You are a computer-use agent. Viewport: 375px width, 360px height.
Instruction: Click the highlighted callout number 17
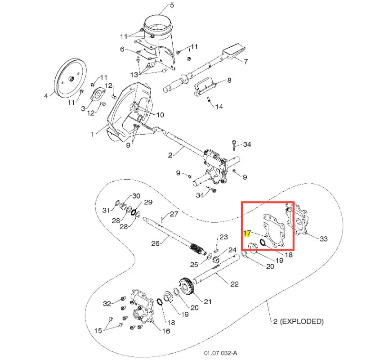point(247,233)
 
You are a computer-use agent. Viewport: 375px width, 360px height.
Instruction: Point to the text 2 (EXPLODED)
point(298,321)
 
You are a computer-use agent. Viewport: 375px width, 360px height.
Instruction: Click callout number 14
point(219,107)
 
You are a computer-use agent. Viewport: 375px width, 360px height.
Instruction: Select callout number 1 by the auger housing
point(92,134)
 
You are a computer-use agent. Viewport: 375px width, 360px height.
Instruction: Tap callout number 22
point(234,284)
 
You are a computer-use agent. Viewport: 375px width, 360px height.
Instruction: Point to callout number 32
point(107,303)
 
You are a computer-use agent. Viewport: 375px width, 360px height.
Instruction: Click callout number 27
point(174,214)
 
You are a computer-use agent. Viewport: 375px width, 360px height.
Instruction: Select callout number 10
point(160,115)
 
